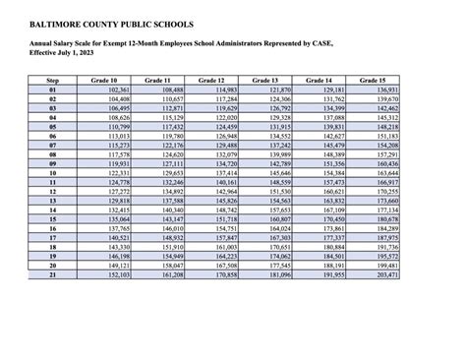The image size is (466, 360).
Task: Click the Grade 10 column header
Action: coord(108,79)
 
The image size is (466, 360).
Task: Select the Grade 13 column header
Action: coord(267,79)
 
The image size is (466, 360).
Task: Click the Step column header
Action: coord(54,79)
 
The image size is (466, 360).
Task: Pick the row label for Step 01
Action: coord(54,90)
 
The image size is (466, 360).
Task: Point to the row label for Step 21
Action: coord(54,274)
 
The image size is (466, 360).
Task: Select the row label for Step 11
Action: coord(54,182)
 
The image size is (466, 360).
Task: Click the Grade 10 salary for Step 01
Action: coord(116,90)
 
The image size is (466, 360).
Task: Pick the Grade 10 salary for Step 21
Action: coord(116,274)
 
